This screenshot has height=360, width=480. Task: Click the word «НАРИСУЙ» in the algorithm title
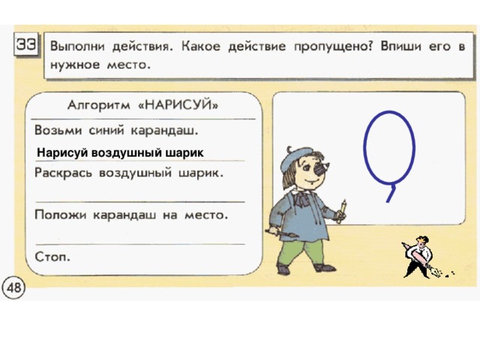point(184,103)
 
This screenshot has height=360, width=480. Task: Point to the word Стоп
point(53,256)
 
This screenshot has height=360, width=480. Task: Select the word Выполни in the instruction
point(79,46)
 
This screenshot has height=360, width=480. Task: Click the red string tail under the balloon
point(389,193)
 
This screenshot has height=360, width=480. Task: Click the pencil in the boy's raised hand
point(343,207)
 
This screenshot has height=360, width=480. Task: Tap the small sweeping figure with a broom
point(416,254)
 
